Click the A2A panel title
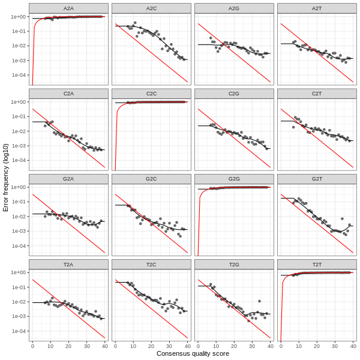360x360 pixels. tap(68, 8)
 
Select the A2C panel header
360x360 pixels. tap(151, 8)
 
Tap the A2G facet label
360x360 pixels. tap(234, 8)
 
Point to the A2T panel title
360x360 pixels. tap(317, 8)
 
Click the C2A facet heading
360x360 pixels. tap(68, 94)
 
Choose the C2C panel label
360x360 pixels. tap(151, 94)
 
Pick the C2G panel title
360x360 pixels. tap(234, 94)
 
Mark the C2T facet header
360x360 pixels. tap(317, 94)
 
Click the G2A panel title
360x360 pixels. tap(68, 179)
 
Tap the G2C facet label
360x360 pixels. tap(151, 179)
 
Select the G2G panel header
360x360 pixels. tap(234, 179)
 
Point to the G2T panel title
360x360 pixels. tap(317, 179)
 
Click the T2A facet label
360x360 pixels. tap(68, 264)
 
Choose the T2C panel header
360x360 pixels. tap(151, 264)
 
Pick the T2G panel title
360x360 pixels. tap(234, 264)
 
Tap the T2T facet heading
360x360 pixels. tap(317, 264)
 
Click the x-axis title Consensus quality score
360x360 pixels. tap(193, 354)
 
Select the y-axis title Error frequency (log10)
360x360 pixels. tap(6, 177)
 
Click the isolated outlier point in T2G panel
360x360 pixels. tap(259, 301)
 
